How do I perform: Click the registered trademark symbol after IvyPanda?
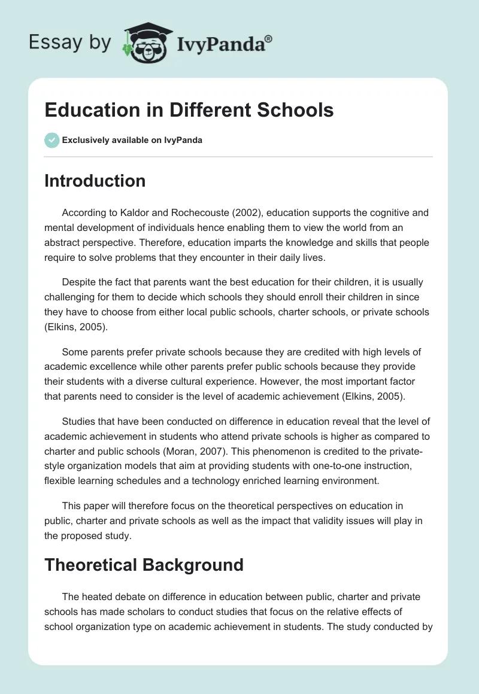pos(269,39)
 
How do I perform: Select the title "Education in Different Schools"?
pos(189,110)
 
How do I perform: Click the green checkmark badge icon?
pos(51,140)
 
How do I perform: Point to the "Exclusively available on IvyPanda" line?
pos(132,141)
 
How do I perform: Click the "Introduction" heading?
pos(95,181)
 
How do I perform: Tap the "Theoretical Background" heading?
pos(144,564)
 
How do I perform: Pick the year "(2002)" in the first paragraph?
pos(251,212)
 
